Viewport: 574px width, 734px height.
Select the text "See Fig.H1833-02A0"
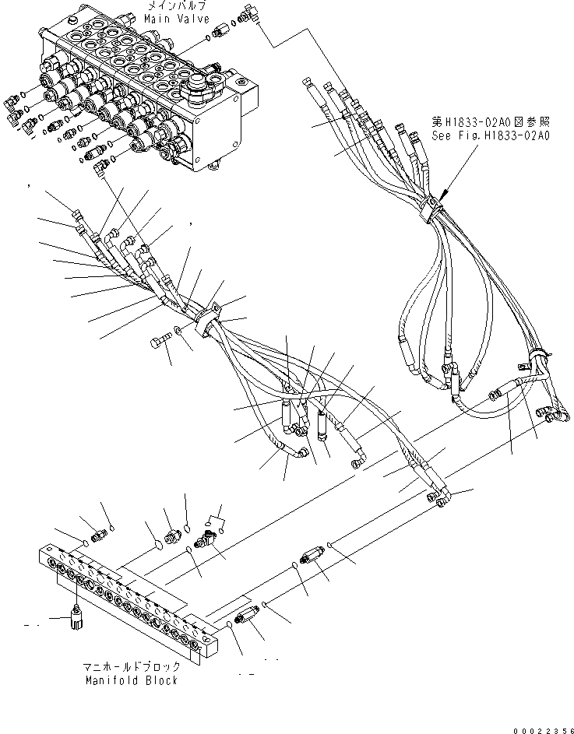click(x=491, y=135)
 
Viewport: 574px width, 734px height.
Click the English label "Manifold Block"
click(x=132, y=680)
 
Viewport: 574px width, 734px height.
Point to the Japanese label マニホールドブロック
click(x=132, y=667)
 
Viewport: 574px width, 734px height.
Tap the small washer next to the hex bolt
click(x=179, y=332)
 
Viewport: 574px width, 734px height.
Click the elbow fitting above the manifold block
click(x=207, y=539)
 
